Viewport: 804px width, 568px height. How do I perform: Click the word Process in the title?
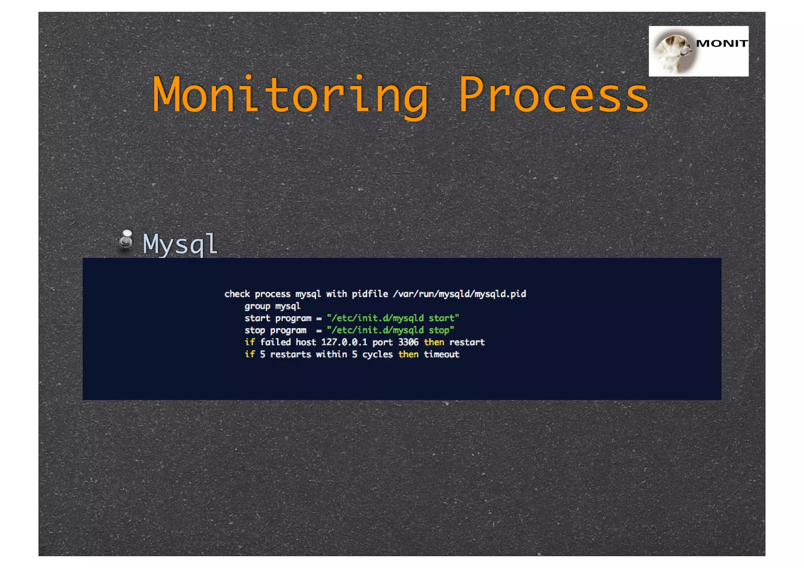554,95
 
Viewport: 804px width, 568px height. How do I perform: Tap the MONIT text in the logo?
722,44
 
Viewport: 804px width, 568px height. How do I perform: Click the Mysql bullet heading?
180,244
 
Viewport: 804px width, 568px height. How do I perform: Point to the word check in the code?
237,294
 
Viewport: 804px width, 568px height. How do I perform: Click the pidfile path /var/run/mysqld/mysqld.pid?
459,294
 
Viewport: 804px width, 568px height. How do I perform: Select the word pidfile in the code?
370,294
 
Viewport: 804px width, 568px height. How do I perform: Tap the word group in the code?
257,306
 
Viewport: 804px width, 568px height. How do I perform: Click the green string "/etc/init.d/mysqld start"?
393,318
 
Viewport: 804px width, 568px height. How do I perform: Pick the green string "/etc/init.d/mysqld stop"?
390,330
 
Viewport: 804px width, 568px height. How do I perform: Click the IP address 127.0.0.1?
344,342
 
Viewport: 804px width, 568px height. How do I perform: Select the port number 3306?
408,342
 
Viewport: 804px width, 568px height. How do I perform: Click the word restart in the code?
467,342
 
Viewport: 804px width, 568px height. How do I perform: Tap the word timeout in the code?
441,354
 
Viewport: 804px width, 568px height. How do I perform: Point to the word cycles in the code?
377,354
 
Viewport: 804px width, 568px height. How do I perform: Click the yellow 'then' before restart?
434,342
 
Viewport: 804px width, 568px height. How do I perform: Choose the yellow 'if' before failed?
250,342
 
